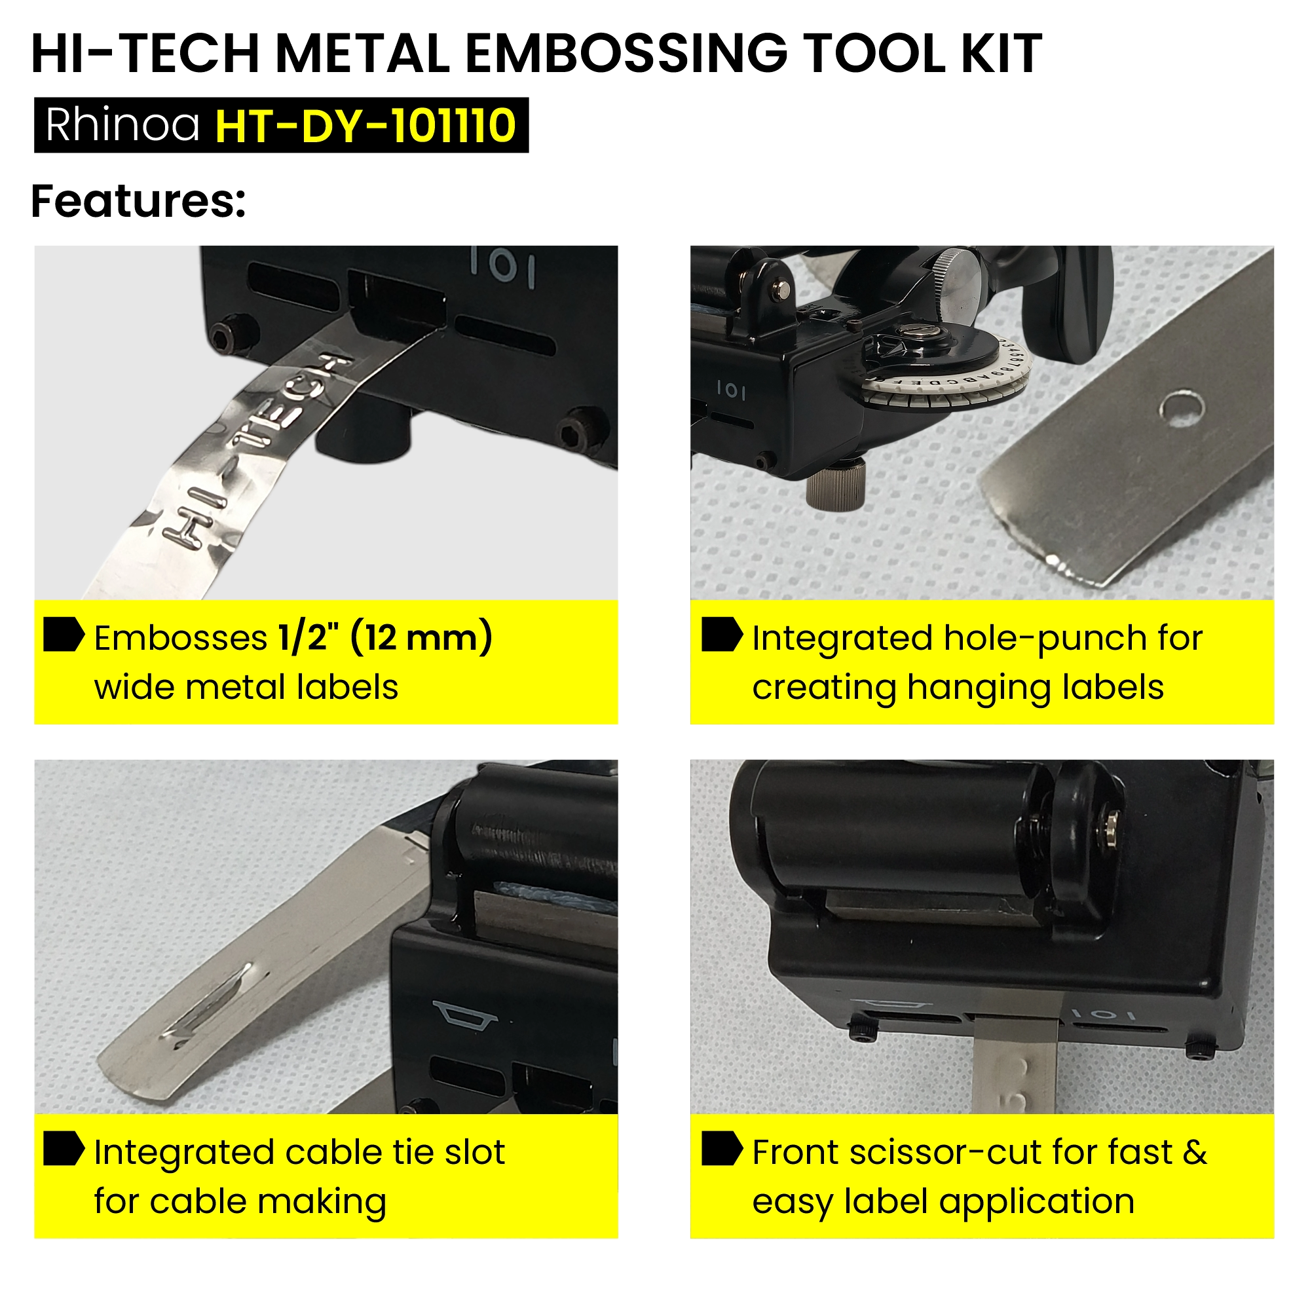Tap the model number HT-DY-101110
coord(365,126)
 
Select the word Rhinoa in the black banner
coord(122,126)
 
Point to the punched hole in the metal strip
coord(1181,407)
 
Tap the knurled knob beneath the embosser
coord(836,483)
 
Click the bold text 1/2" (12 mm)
coord(385,638)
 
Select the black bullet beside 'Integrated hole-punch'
coord(722,635)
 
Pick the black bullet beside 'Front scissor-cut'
coord(722,1148)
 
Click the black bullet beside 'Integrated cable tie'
coord(64,1148)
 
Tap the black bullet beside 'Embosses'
coord(64,635)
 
